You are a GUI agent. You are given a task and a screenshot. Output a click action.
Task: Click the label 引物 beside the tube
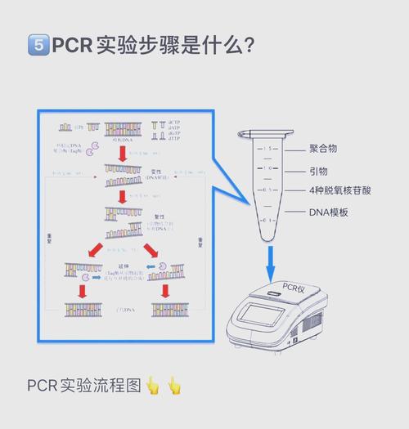pyautogui.click(x=318, y=171)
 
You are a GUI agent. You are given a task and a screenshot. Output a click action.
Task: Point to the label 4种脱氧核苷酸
pyautogui.click(x=339, y=190)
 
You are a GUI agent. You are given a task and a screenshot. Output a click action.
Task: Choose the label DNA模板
pyautogui.click(x=329, y=212)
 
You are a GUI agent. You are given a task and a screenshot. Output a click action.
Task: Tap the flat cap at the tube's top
pyautogui.click(x=266, y=132)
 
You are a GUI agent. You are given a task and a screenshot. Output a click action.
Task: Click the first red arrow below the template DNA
pyautogui.click(x=121, y=153)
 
